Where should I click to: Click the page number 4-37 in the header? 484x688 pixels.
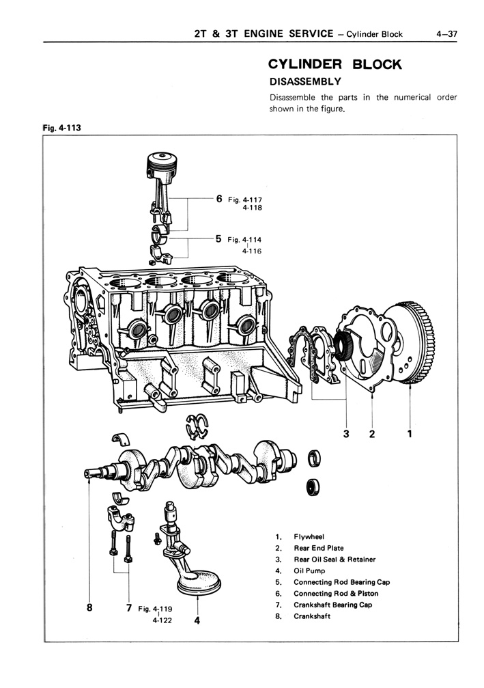(x=448, y=33)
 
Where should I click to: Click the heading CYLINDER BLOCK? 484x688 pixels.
(x=334, y=65)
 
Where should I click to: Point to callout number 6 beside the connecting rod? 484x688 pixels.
(x=219, y=199)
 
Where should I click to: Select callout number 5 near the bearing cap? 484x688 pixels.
(x=218, y=239)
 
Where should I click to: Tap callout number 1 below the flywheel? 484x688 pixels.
(x=410, y=432)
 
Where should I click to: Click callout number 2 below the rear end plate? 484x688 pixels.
(x=372, y=432)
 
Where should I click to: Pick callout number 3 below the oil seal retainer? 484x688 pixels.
(x=346, y=432)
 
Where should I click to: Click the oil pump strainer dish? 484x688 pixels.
(x=198, y=583)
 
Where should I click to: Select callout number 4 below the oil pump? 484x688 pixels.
(x=197, y=621)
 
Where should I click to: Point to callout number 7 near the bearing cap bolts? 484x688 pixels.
(x=128, y=607)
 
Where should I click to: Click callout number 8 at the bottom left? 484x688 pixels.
(x=90, y=607)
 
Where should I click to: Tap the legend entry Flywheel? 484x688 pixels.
(x=309, y=536)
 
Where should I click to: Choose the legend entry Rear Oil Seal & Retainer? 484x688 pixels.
(x=334, y=559)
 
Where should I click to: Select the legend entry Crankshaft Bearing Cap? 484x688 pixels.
(x=332, y=605)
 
